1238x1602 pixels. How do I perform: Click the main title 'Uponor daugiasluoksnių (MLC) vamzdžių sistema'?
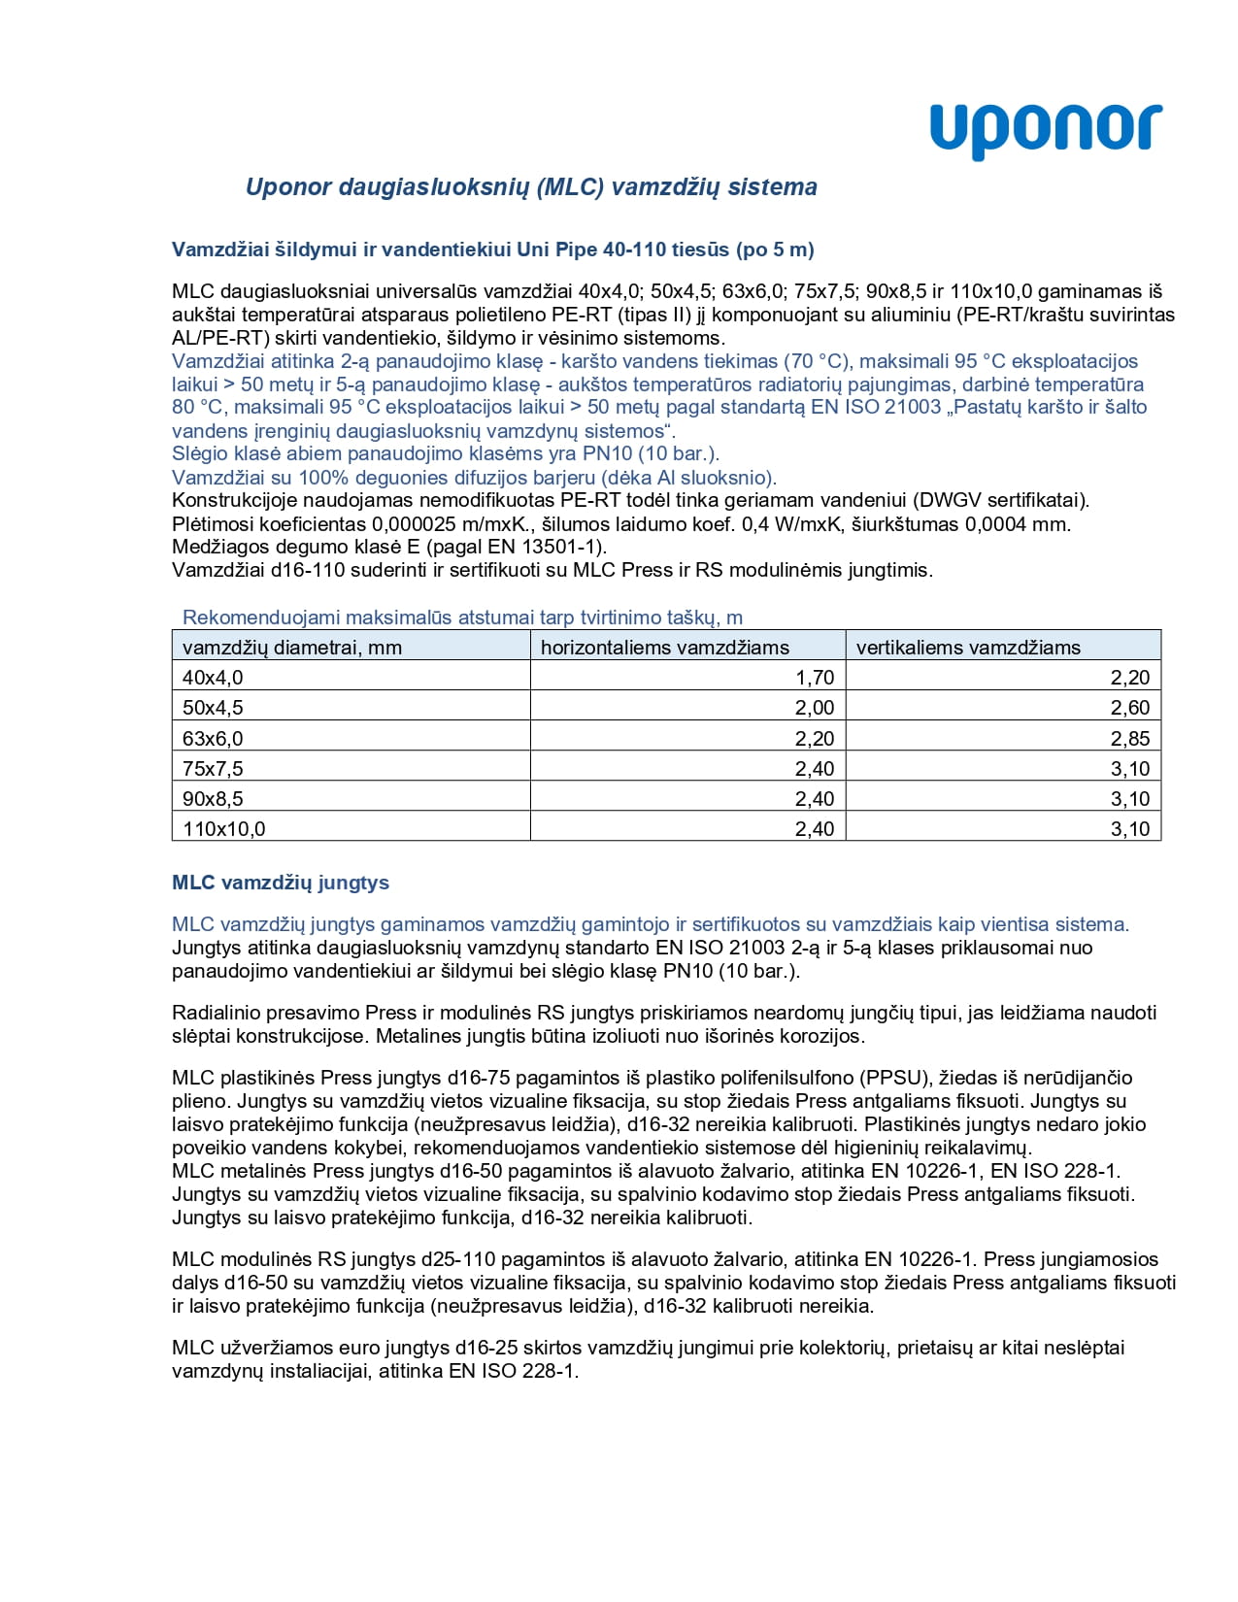click(x=531, y=187)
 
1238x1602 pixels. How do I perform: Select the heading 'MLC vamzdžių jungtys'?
click(x=280, y=883)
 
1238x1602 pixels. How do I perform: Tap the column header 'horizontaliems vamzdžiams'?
click(x=664, y=648)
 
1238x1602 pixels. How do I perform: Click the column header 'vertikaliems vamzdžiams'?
click(x=967, y=648)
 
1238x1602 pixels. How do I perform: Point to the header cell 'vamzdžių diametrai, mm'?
click(x=291, y=648)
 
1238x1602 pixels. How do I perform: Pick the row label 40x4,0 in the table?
click(x=213, y=678)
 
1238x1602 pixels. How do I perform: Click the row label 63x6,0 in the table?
click(x=213, y=739)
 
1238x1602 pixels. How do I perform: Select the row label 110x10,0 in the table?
click(x=223, y=829)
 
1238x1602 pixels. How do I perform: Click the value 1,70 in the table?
click(x=815, y=678)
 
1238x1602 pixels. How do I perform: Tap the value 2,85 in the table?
click(x=1130, y=739)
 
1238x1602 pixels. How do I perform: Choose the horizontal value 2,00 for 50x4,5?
click(x=815, y=708)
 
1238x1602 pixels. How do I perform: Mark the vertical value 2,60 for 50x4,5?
click(x=1130, y=708)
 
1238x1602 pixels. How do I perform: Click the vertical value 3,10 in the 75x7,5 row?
click(x=1130, y=769)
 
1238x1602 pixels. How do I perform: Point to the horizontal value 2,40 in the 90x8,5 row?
click(x=815, y=799)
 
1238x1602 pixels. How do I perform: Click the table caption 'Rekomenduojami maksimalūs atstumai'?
click(x=462, y=617)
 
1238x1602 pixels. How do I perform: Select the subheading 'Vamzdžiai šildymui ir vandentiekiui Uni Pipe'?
click(x=492, y=250)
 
